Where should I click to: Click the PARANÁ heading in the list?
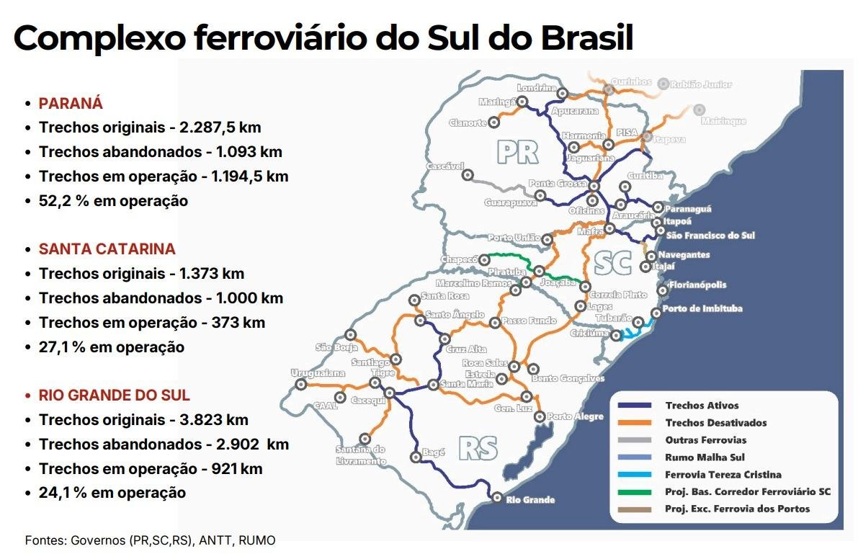(x=71, y=103)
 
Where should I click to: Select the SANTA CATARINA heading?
(x=107, y=249)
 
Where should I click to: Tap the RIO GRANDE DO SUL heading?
(x=115, y=396)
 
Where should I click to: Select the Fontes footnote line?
(x=150, y=540)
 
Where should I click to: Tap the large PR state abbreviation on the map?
(x=518, y=151)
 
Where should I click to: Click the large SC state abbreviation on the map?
(x=612, y=264)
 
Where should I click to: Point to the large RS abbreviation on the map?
(x=478, y=448)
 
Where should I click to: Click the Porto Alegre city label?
(x=575, y=416)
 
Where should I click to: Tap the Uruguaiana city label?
(x=318, y=373)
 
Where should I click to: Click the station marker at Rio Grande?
(x=496, y=497)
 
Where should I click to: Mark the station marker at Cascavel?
(x=468, y=174)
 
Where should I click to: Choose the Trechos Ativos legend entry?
(x=702, y=406)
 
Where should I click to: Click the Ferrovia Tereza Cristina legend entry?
(x=723, y=475)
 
